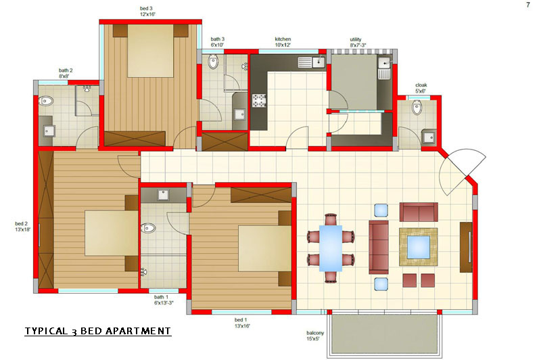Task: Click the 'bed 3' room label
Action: (146, 8)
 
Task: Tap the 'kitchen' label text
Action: (283, 39)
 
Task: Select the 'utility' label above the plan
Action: (356, 39)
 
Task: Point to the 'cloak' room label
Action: (421, 85)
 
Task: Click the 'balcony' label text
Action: (315, 333)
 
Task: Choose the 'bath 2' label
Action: (66, 70)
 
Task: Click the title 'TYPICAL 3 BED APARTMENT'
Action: (98, 332)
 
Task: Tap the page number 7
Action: (528, 5)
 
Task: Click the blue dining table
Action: (331, 248)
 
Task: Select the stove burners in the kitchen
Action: (259, 101)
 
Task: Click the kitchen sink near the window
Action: (312, 62)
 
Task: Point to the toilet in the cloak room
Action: (417, 108)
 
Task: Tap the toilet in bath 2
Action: (46, 102)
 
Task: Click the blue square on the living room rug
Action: (419, 247)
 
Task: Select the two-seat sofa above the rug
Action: (419, 212)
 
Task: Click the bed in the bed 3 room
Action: (150, 51)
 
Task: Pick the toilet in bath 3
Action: (213, 62)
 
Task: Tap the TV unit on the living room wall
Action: (466, 247)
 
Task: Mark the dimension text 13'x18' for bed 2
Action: (23, 229)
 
